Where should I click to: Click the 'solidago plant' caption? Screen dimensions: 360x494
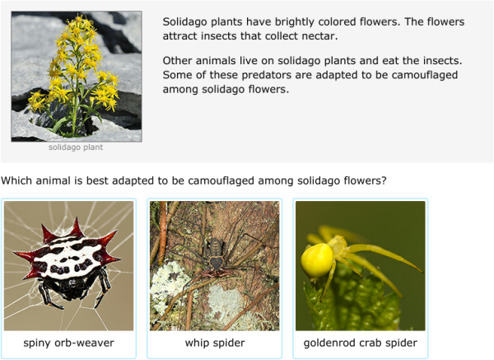pos(76,147)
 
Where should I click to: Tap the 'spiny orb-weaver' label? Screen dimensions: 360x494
pos(68,343)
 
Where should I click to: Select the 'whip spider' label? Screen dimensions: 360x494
pos(214,343)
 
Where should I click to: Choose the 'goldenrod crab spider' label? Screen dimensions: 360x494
pos(361,343)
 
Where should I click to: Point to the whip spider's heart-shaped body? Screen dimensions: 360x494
pos(216,262)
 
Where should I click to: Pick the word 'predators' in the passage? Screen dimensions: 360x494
pos(247,75)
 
